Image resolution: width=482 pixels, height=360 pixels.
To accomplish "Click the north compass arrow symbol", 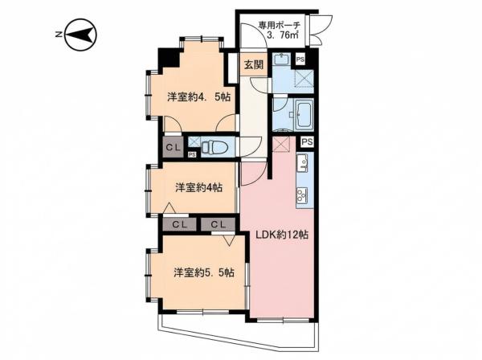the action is click(x=81, y=35).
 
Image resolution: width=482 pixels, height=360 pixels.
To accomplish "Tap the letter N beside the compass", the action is click(x=58, y=35).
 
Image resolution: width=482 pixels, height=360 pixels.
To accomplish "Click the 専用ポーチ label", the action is click(x=279, y=25).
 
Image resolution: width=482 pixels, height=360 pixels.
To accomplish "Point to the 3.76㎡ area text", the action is click(x=283, y=35).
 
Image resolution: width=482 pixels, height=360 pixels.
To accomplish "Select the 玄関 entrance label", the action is click(x=254, y=65).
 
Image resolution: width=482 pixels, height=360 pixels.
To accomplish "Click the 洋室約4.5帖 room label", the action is click(x=199, y=97).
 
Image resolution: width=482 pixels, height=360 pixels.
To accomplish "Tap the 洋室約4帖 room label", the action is click(x=199, y=187).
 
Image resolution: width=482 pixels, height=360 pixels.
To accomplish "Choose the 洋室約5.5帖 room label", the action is click(x=204, y=272).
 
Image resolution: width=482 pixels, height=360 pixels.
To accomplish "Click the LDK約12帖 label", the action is click(x=283, y=235).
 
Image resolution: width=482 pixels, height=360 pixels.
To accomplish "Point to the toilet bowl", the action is click(x=214, y=146).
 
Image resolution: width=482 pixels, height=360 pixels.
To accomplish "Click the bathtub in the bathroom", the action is click(x=304, y=114).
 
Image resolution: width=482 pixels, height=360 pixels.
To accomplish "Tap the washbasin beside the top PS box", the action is click(x=280, y=59).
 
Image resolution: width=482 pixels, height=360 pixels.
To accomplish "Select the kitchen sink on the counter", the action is click(x=302, y=162).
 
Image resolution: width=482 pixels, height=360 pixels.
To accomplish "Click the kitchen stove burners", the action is click(x=302, y=195).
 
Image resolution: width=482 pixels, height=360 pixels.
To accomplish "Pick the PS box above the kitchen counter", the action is click(x=308, y=141).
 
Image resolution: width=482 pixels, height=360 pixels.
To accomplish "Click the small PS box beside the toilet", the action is click(x=192, y=154).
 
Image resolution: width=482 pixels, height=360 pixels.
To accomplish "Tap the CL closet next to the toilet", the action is click(x=173, y=147).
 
